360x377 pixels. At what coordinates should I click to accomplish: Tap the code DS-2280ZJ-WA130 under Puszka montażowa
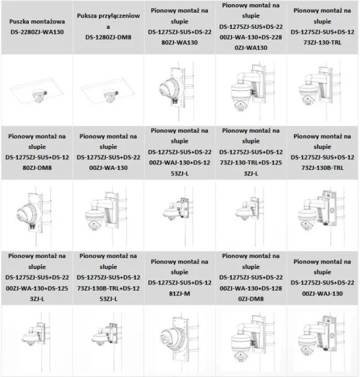pyautogui.click(x=35, y=32)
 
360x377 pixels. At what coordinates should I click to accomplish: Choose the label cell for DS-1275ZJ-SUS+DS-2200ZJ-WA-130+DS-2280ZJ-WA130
pyautogui.click(x=252, y=27)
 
